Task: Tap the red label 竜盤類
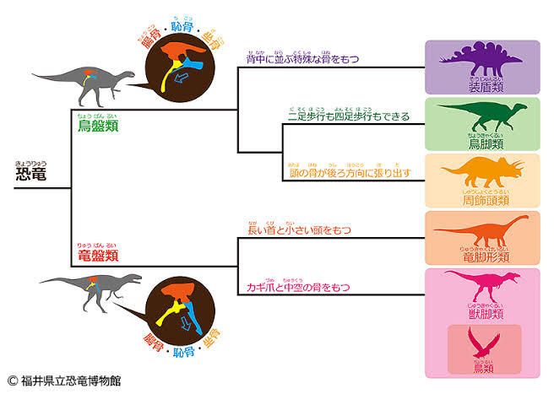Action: coord(94,255)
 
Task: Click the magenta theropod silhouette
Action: coord(483,287)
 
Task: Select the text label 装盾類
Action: coord(483,87)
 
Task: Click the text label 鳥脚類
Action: coord(483,144)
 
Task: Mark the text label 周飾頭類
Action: coord(483,201)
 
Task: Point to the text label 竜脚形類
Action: coord(483,256)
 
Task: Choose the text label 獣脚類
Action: coord(483,314)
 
